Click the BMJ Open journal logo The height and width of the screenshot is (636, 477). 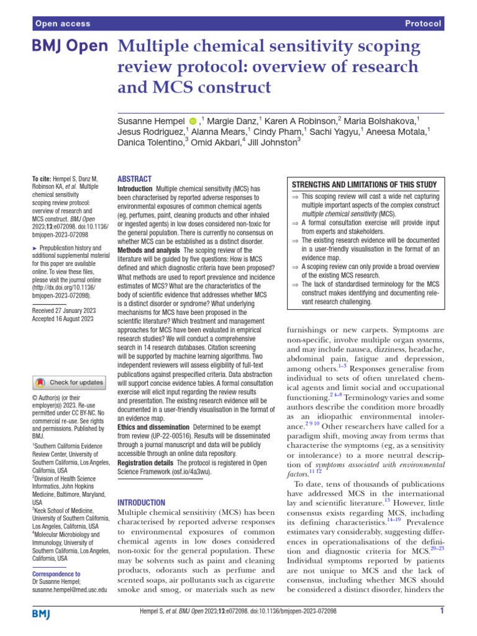pyautogui.click(x=70, y=47)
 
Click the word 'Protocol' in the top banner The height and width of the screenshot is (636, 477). pyautogui.click(x=423, y=24)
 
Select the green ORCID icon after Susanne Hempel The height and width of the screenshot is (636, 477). pyautogui.click(x=193, y=119)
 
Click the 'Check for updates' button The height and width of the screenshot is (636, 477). pyautogui.click(x=70, y=383)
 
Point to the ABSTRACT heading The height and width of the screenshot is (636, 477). pyautogui.click(x=134, y=178)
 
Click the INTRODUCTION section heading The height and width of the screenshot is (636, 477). pyautogui.click(x=141, y=502)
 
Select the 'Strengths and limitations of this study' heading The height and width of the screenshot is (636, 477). pyautogui.click(x=365, y=184)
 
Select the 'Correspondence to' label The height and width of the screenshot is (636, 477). pyautogui.click(x=56, y=574)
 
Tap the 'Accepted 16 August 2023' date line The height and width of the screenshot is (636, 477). pyautogui.click(x=62, y=319)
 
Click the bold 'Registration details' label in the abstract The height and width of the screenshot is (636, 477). pyautogui.click(x=145, y=463)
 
